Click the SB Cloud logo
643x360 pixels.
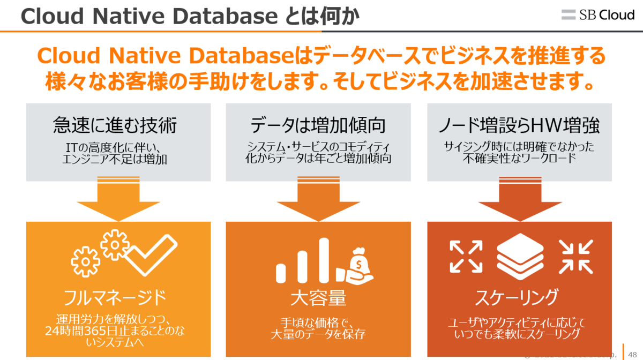(597, 15)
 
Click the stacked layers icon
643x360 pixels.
(519, 256)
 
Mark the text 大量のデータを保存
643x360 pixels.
(318, 335)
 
